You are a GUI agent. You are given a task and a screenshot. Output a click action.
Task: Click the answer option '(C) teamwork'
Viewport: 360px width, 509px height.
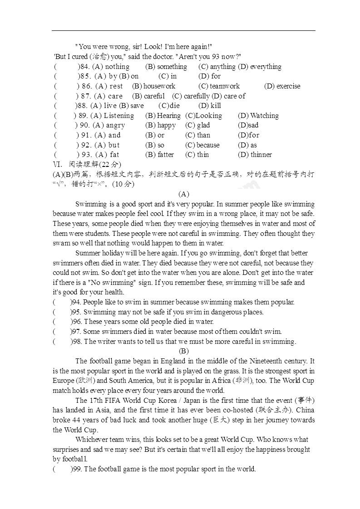click(x=219, y=86)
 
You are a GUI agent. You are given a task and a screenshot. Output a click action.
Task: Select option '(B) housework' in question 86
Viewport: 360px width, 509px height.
click(x=153, y=86)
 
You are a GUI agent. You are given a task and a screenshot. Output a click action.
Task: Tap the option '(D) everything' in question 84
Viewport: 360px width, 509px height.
click(x=260, y=67)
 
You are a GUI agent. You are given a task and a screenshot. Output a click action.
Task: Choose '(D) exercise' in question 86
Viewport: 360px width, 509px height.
click(x=282, y=86)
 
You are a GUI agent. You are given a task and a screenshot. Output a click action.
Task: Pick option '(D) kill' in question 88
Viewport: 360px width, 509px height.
click(x=210, y=106)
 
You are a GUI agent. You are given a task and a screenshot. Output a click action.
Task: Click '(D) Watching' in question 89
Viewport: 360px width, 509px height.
click(x=258, y=116)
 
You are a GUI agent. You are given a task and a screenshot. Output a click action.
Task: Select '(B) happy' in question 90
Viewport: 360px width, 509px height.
click(x=160, y=125)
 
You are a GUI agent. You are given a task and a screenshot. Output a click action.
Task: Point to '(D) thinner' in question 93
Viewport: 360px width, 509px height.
click(x=255, y=155)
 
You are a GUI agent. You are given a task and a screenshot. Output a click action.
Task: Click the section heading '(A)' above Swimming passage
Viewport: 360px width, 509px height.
click(x=183, y=194)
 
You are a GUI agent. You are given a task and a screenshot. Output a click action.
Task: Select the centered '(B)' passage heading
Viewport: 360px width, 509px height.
click(x=183, y=351)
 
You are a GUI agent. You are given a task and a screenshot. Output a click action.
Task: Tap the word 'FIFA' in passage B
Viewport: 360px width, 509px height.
click(x=115, y=401)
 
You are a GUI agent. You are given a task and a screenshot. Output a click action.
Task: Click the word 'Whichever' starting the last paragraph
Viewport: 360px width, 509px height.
click(x=92, y=440)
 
